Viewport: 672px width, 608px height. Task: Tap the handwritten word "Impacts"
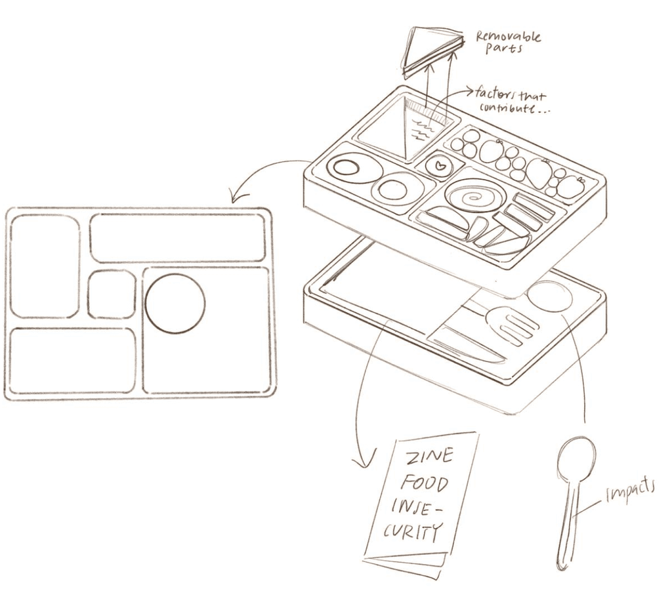(629, 491)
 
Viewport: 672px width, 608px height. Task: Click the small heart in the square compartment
(439, 165)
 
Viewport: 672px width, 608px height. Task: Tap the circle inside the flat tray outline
(175, 304)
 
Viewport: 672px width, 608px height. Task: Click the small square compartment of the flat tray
(112, 294)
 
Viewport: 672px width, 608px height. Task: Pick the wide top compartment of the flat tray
(177, 238)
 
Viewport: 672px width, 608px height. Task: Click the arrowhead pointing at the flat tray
(238, 195)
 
